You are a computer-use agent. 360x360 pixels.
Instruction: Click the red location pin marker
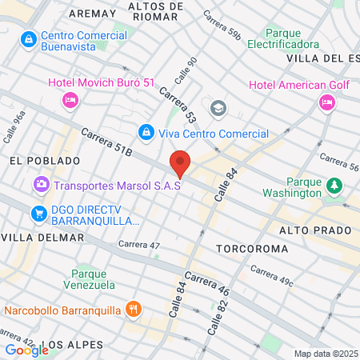[x=181, y=163]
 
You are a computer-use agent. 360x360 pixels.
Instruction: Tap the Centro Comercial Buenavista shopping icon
[x=29, y=38]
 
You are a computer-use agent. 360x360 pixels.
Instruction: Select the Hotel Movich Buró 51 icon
[x=69, y=100]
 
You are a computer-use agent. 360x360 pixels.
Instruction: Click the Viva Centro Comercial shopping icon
[x=146, y=130]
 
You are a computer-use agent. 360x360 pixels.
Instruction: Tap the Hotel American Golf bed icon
[x=326, y=102]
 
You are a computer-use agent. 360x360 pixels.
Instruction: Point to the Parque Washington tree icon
[x=333, y=186]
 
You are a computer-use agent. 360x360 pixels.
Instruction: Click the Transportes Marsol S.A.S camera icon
[x=41, y=185]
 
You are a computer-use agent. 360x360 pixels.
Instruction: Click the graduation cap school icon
[x=217, y=108]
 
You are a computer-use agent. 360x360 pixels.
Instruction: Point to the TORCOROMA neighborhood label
[x=252, y=249]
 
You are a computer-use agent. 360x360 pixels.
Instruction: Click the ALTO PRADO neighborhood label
[x=315, y=230]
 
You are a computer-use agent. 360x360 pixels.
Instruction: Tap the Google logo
[x=26, y=349]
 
